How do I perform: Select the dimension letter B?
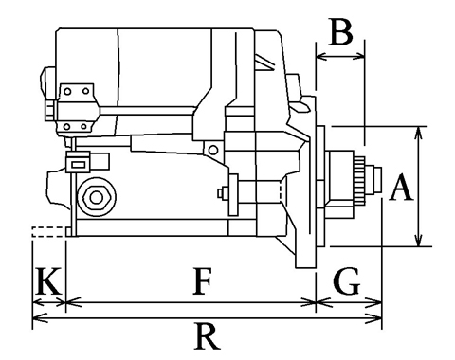(x=340, y=31)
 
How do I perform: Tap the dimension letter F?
(x=202, y=280)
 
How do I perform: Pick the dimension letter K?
(x=47, y=280)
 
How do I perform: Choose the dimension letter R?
(x=207, y=335)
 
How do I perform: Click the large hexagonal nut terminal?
(x=97, y=197)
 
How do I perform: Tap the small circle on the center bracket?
(x=213, y=150)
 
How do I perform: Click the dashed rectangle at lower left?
(x=48, y=232)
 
